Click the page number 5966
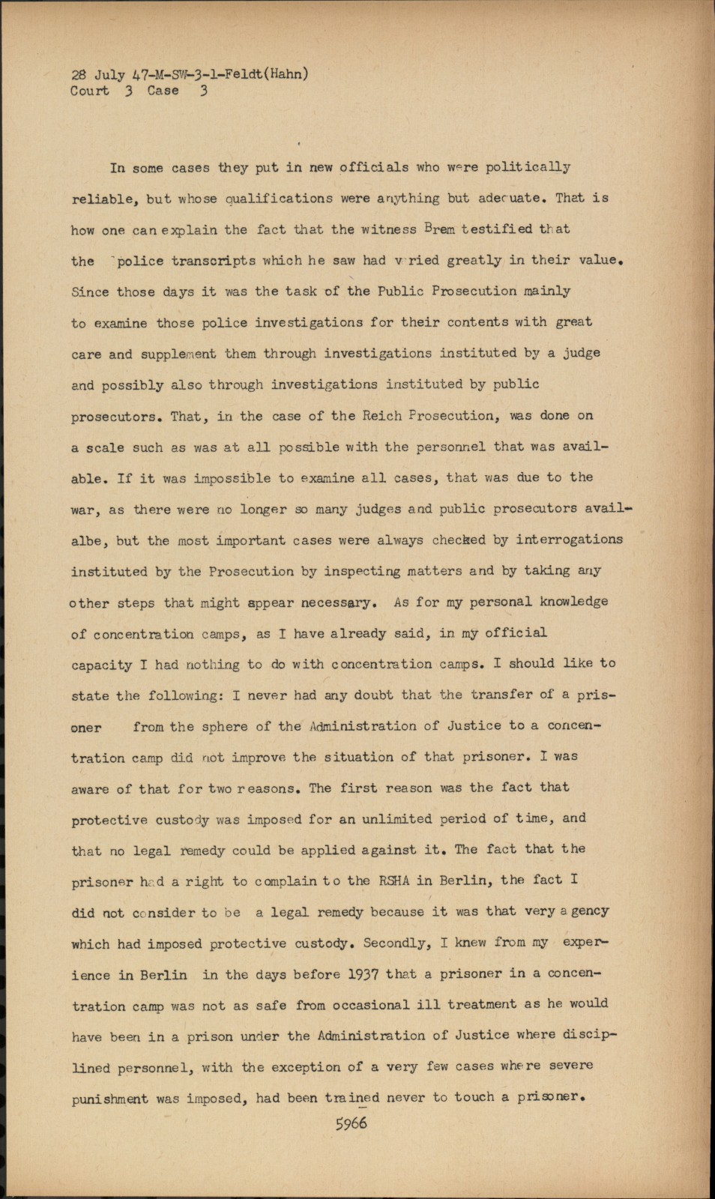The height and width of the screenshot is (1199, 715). pyautogui.click(x=352, y=1123)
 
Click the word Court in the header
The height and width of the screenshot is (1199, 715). pyautogui.click(x=89, y=91)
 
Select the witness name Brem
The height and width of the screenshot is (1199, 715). pyautogui.click(x=439, y=229)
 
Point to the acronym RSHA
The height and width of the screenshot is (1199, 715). pyautogui.click(x=393, y=881)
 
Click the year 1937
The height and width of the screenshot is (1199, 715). pyautogui.click(x=363, y=974)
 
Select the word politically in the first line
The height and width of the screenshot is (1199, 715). pyautogui.click(x=528, y=167)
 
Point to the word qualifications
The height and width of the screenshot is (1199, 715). pyautogui.click(x=279, y=199)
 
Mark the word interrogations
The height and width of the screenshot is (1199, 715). pyautogui.click(x=570, y=540)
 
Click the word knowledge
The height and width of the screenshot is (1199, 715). pyautogui.click(x=573, y=602)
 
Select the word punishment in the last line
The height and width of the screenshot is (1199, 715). pyautogui.click(x=110, y=1099)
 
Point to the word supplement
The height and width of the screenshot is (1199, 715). pyautogui.click(x=178, y=354)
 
